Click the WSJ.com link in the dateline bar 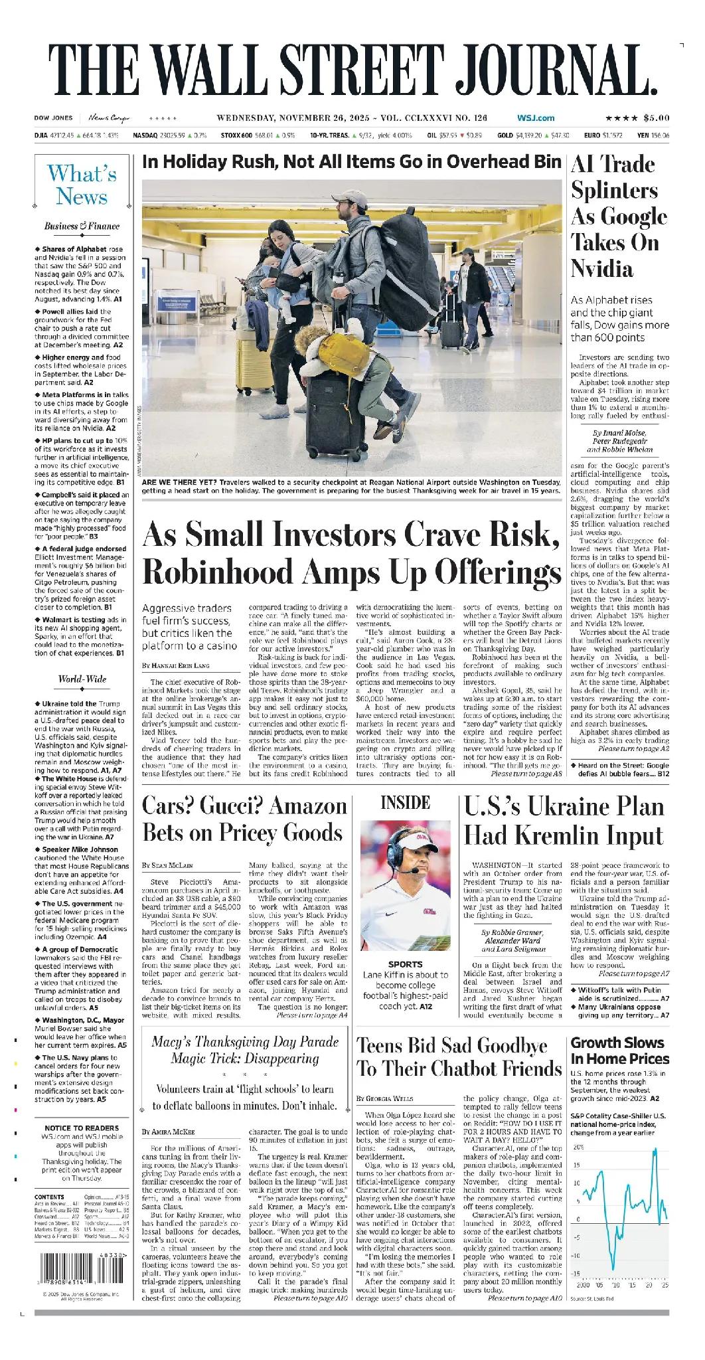point(536,118)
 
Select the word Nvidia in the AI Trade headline point(601,269)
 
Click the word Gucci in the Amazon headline point(252,807)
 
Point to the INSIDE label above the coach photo point(405,803)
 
